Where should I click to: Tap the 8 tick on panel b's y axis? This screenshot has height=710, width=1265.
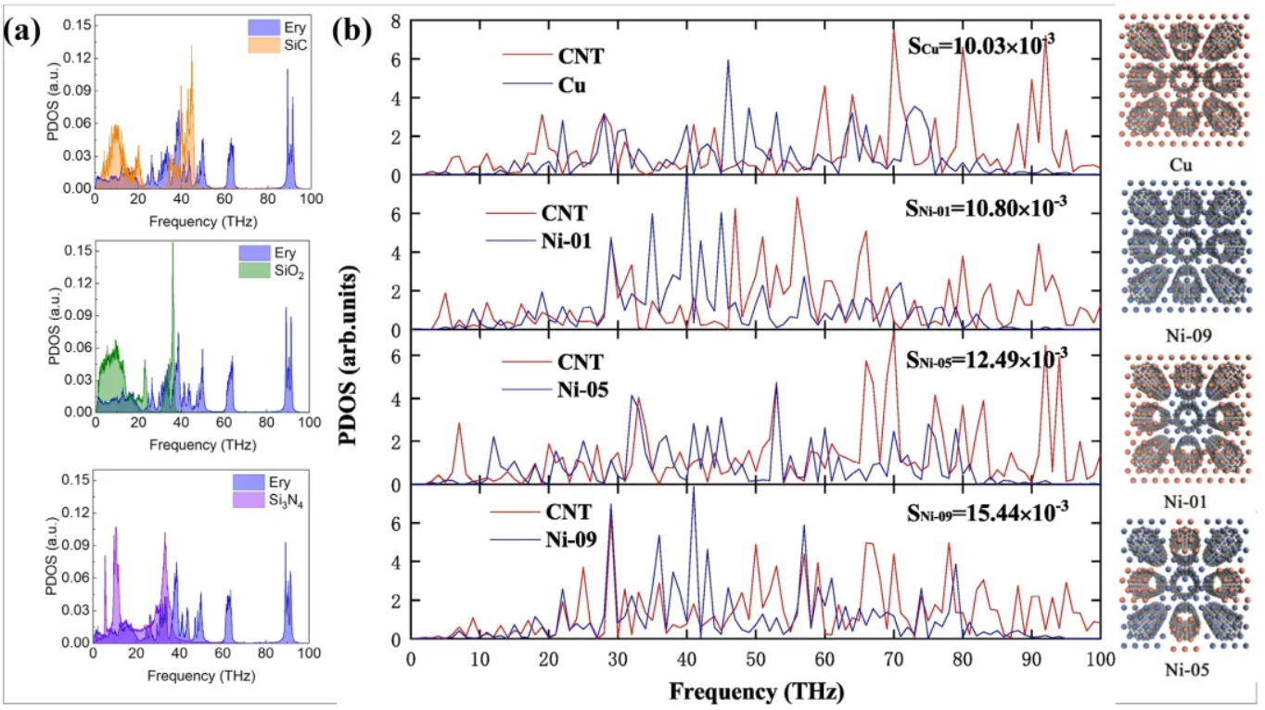[397, 21]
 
